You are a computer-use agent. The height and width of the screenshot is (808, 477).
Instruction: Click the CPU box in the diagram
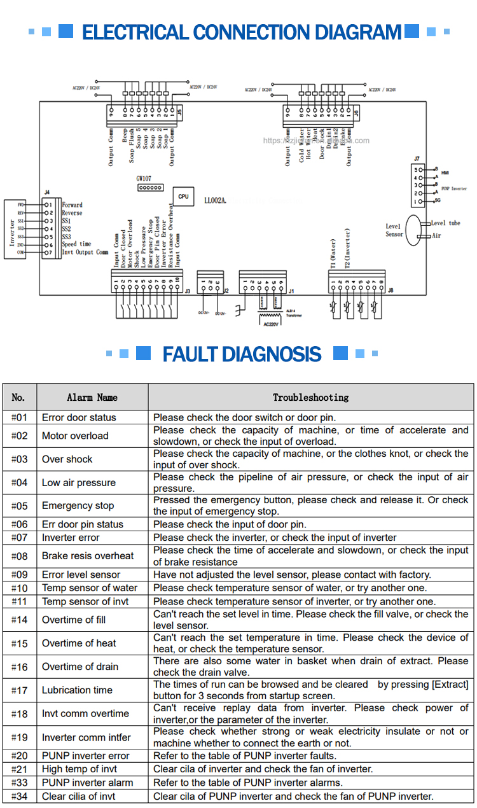tap(183, 197)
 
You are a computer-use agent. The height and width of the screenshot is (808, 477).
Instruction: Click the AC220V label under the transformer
tap(271, 324)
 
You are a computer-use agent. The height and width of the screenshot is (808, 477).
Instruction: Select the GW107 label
tap(144, 179)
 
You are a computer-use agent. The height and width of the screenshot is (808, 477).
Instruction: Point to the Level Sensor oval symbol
tap(413, 229)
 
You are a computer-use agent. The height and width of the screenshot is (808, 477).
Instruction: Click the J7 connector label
tap(417, 158)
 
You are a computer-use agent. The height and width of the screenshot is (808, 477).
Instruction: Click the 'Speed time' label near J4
tap(76, 244)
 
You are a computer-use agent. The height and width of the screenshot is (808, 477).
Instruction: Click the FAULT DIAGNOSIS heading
tap(242, 354)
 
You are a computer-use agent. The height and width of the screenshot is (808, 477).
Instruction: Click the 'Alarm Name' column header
tap(92, 397)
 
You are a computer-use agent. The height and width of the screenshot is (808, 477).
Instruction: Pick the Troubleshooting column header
tap(310, 397)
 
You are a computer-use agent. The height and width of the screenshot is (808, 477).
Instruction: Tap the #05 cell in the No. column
tap(20, 506)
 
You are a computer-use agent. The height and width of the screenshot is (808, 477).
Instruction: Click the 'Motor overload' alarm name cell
tap(75, 436)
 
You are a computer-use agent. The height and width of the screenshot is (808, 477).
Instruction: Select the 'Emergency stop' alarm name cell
tap(78, 506)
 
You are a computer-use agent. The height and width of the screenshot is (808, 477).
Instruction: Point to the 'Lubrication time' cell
tap(77, 690)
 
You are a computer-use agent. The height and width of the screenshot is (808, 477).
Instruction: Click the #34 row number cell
tap(20, 796)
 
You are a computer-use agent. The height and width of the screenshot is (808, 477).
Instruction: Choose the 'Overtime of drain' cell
tap(79, 667)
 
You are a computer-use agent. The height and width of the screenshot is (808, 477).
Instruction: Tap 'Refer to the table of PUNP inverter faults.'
tap(244, 756)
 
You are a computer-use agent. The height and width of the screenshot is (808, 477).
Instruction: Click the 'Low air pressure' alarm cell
tap(79, 482)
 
